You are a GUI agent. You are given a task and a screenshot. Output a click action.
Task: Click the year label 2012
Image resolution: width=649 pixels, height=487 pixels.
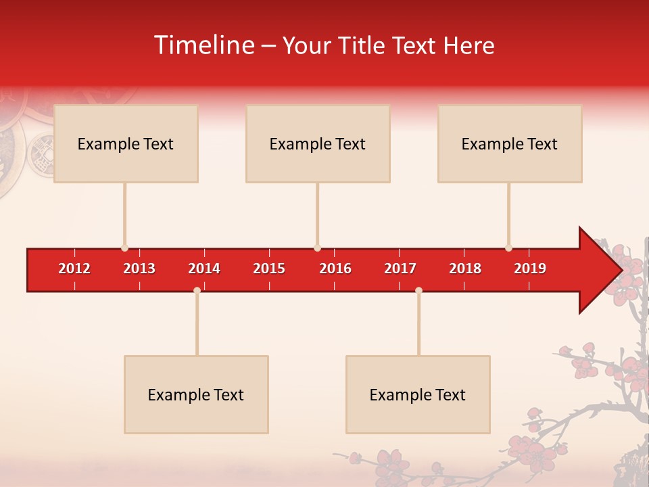point(74,269)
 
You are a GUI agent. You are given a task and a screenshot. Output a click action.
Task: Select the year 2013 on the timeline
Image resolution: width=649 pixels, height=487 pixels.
point(139,269)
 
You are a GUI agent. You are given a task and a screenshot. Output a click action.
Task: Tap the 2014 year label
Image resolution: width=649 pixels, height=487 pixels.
point(204,269)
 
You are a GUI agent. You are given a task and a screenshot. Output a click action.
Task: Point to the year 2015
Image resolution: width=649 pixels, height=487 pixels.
point(269,269)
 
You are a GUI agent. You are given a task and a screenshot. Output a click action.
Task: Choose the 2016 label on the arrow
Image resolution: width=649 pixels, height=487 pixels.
point(335,269)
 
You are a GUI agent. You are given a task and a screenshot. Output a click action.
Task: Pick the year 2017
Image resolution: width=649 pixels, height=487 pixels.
point(400,269)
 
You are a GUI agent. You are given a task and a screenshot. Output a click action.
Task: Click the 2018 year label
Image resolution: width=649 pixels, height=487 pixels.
point(465,269)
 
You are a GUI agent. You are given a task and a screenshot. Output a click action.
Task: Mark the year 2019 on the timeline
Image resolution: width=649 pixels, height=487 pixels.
point(530,269)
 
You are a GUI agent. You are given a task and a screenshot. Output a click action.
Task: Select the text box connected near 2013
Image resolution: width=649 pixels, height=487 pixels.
point(126,143)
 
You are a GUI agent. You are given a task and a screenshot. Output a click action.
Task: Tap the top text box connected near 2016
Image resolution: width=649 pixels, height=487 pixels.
point(318,143)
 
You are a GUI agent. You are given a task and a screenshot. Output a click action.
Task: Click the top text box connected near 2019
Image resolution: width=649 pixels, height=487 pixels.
point(510,143)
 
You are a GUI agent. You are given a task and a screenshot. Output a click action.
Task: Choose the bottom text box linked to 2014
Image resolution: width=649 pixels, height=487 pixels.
point(196,394)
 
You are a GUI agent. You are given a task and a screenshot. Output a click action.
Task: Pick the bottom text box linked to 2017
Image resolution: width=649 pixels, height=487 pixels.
point(418,394)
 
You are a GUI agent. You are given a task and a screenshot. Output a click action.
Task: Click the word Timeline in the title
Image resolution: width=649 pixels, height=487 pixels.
point(203,45)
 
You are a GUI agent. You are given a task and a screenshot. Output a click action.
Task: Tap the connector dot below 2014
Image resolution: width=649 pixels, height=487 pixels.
point(197,290)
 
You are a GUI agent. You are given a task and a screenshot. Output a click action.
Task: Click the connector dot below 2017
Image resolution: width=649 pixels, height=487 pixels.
point(418,290)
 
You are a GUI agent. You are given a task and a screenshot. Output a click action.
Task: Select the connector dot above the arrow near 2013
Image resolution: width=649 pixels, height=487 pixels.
point(124,248)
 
